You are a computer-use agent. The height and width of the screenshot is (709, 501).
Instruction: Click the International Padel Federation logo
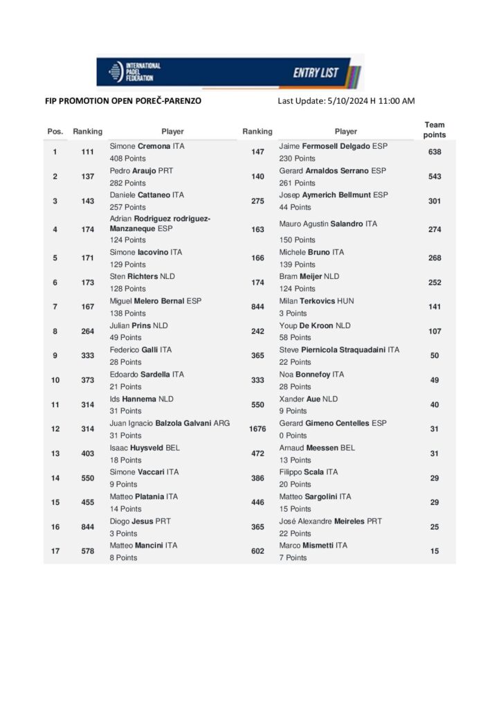click(x=134, y=71)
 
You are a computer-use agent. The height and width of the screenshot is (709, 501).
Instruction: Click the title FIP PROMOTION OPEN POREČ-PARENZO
click(x=124, y=101)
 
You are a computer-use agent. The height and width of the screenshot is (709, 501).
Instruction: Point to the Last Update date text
click(x=346, y=101)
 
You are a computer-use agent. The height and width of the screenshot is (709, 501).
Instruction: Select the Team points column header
click(x=435, y=130)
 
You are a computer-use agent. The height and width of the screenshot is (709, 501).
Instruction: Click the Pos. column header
click(x=55, y=131)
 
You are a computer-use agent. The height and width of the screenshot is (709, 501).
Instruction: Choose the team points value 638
click(x=435, y=152)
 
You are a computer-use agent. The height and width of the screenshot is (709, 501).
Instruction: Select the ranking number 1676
click(x=257, y=429)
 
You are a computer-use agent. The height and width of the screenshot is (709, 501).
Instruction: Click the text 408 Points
click(x=128, y=159)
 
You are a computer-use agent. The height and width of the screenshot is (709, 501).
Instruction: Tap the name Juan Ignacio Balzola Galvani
click(x=170, y=423)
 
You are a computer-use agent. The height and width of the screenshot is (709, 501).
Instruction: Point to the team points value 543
click(x=435, y=177)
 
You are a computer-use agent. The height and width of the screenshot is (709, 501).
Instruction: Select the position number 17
click(x=55, y=551)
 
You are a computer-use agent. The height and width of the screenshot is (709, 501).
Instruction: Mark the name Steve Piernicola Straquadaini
click(x=339, y=350)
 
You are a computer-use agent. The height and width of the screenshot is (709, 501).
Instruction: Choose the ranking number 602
click(x=257, y=551)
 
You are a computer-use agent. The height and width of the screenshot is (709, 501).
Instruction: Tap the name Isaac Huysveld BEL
click(x=145, y=448)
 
